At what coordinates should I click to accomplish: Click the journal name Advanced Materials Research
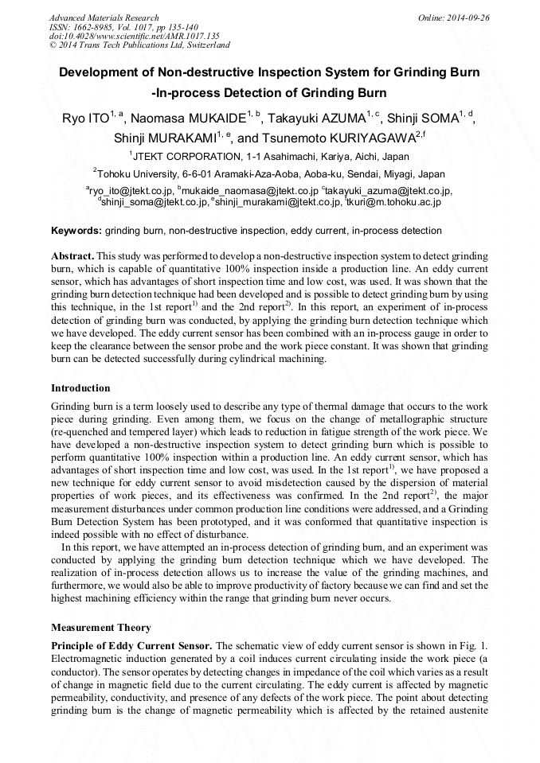click(104, 18)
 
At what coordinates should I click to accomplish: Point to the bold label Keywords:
click(76, 231)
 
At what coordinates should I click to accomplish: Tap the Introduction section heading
click(80, 388)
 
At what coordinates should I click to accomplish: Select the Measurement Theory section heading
click(100, 628)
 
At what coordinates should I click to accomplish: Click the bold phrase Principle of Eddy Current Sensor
click(131, 644)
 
